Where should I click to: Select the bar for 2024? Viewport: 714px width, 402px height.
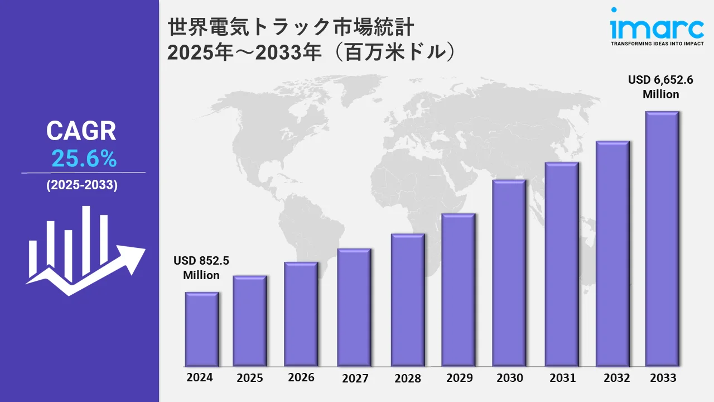click(x=202, y=329)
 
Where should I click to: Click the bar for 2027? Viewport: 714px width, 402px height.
click(x=354, y=307)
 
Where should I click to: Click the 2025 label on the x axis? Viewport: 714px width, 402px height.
click(x=250, y=378)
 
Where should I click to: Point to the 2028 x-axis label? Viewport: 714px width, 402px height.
click(x=408, y=378)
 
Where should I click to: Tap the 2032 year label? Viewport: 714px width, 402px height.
click(x=617, y=377)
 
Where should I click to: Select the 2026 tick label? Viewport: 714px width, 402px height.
click(x=301, y=377)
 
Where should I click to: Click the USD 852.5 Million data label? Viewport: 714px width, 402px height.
click(x=201, y=268)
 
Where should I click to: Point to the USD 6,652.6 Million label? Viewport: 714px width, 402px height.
click(x=660, y=87)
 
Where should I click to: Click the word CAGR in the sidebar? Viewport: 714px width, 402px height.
click(x=81, y=131)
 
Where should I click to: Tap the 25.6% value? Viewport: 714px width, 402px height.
click(x=84, y=160)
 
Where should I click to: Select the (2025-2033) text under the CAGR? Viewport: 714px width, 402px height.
click(x=82, y=186)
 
